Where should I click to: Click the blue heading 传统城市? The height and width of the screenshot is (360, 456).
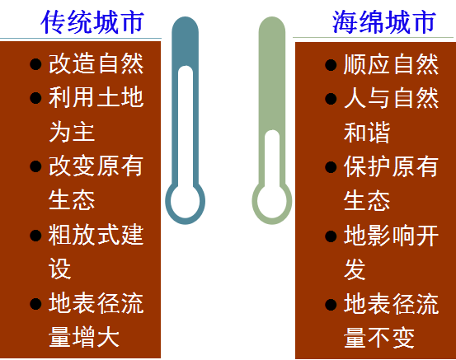(x=92, y=22)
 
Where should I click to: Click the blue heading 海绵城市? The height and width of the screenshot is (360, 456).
(x=384, y=22)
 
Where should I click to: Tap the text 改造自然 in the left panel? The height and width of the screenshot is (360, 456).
(x=96, y=63)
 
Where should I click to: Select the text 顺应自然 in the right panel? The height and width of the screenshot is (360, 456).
(x=391, y=64)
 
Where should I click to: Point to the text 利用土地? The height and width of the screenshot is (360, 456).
(x=96, y=98)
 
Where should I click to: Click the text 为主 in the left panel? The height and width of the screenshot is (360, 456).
(x=72, y=132)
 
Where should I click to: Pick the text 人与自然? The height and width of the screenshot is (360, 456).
(x=391, y=98)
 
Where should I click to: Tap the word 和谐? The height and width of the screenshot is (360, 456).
(x=367, y=133)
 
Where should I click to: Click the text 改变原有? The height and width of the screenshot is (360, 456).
(x=96, y=166)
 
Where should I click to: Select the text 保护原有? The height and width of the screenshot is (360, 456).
(x=391, y=166)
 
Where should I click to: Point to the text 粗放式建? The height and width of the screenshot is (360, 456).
(x=96, y=235)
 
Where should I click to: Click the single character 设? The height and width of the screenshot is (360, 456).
(x=60, y=269)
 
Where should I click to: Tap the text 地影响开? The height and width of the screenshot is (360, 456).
(x=391, y=236)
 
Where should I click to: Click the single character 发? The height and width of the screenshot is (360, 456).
(x=355, y=269)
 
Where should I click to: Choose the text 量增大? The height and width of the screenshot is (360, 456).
(x=84, y=337)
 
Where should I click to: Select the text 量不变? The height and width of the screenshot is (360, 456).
(x=379, y=338)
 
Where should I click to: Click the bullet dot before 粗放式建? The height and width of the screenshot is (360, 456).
(x=35, y=236)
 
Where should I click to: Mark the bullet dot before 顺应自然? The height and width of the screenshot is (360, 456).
(x=331, y=65)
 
